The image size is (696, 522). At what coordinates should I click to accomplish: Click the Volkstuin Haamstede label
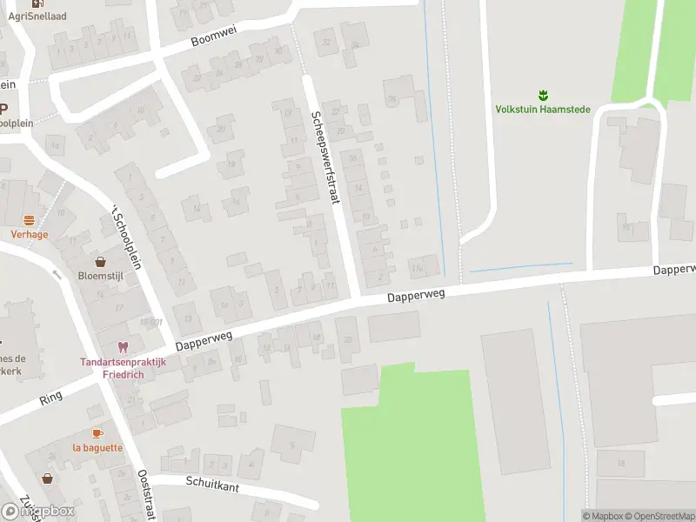pyautogui.click(x=542, y=110)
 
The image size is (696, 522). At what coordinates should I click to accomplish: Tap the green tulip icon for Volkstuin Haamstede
pyautogui.click(x=542, y=93)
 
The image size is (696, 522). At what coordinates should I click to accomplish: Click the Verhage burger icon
pyautogui.click(x=29, y=220)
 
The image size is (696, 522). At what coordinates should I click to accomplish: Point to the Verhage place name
pyautogui.click(x=29, y=234)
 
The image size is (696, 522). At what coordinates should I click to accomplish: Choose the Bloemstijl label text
pyautogui.click(x=102, y=275)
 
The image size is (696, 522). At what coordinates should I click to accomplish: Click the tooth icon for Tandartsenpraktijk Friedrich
pyautogui.click(x=123, y=346)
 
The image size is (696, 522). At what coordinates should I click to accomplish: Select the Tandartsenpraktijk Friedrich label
pyautogui.click(x=123, y=367)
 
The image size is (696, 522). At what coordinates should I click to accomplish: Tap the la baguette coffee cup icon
pyautogui.click(x=97, y=433)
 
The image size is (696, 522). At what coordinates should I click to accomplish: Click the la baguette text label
pyautogui.click(x=97, y=447)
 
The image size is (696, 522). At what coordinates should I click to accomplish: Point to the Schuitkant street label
pyautogui.click(x=212, y=484)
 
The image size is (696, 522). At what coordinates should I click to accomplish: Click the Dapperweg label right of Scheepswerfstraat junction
pyautogui.click(x=416, y=297)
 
